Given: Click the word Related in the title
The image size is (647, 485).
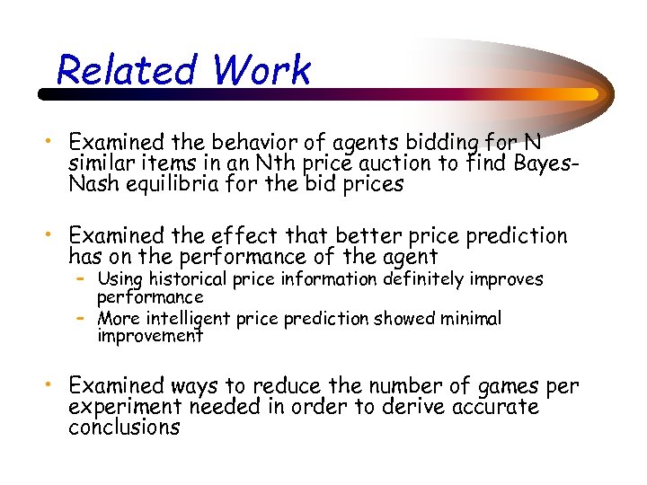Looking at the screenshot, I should [125, 70].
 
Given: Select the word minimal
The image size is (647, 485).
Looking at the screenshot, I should [468, 318].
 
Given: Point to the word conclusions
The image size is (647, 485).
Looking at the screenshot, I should [124, 428].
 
